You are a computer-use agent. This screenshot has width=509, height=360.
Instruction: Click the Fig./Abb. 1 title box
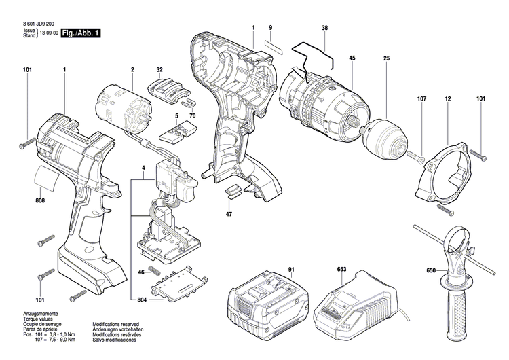tap(81, 33)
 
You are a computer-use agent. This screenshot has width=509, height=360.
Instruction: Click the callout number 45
tap(352, 58)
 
